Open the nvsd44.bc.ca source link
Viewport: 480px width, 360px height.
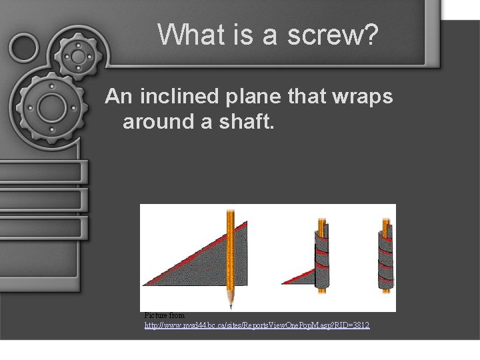(x=257, y=325)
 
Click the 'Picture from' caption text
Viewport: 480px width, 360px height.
(x=165, y=315)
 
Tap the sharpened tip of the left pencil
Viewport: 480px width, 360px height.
(x=231, y=305)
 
